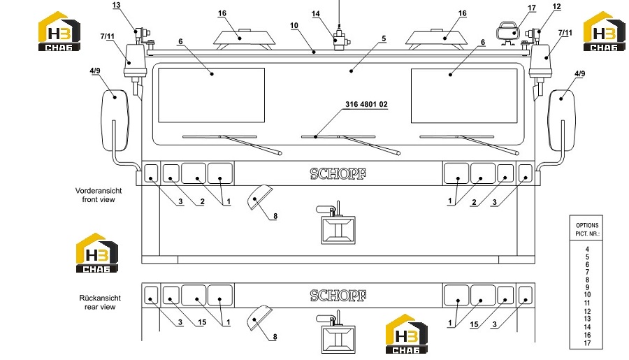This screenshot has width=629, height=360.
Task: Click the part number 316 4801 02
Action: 366,104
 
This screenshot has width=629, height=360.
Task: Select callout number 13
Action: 116,5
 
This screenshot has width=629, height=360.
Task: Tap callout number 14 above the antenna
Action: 316,14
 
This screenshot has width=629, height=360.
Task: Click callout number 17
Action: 532,8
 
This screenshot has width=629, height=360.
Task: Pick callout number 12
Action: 556,6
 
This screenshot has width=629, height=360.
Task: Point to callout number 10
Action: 294,25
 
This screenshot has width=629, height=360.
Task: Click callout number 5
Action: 384,38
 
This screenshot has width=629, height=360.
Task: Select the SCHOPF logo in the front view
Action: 338,174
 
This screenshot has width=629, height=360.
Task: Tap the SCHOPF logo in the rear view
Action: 338,296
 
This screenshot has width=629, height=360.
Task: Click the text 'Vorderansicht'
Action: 99,191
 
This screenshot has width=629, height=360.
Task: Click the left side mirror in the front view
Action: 115,120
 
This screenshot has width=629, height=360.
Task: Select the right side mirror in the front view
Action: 562,120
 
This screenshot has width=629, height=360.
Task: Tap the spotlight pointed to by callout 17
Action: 508,32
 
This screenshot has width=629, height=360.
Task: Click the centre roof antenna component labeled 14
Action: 340,38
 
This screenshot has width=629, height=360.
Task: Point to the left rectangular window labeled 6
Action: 211,95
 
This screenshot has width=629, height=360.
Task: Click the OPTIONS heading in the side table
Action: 587,226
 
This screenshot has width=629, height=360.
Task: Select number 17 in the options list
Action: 587,343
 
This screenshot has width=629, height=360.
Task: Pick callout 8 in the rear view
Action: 275,337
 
